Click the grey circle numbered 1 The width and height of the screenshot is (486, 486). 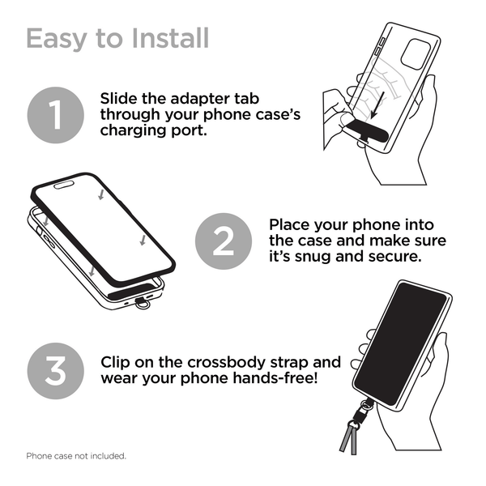[55, 116]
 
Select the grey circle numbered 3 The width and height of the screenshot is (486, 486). [55, 371]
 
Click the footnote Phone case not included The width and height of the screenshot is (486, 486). [76, 456]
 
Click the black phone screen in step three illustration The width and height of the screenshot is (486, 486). [402, 344]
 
